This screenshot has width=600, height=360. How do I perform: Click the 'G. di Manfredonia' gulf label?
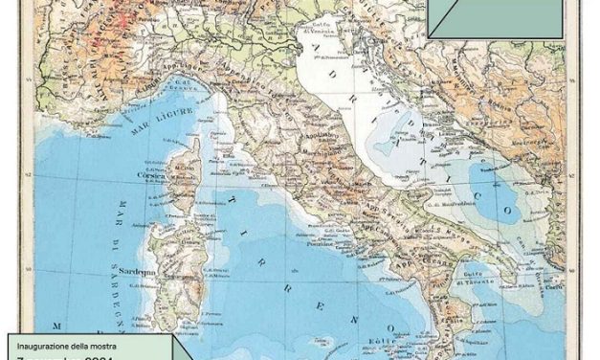447,201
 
